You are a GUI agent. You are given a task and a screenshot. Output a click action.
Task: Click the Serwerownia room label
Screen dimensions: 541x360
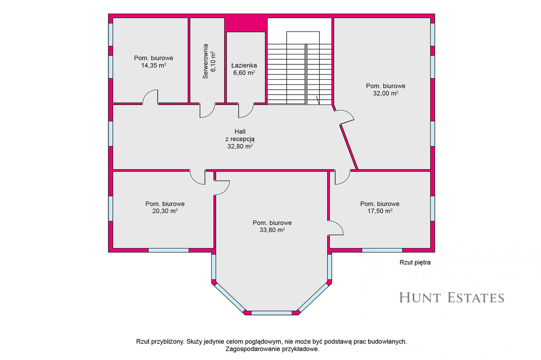[206, 61]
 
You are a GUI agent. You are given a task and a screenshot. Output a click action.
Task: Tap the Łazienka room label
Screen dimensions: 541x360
[244, 65]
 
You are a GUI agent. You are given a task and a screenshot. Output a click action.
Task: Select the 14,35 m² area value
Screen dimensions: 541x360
[154, 65]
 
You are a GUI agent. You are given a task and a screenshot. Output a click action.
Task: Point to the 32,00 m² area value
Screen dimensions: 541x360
[386, 93]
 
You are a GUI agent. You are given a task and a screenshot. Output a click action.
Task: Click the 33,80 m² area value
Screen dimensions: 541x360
[272, 230]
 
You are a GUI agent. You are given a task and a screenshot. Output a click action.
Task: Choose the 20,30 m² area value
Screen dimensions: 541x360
[165, 211]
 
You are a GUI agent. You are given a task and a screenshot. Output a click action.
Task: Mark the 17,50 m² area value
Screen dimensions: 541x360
[380, 211]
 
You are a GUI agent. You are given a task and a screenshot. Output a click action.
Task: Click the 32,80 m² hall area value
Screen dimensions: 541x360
[240, 146]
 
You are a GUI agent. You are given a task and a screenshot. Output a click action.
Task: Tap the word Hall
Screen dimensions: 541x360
[240, 131]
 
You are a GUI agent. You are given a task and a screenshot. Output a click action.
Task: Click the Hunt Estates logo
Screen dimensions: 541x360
[452, 297]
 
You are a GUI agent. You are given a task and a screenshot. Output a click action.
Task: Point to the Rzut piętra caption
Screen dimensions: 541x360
[415, 262]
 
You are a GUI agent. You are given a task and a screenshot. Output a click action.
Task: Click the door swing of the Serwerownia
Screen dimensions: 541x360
[207, 110]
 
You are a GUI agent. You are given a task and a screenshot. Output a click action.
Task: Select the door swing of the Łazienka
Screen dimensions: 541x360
[246, 110]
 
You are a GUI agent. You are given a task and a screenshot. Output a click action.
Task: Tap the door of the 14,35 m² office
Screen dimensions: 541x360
[151, 97]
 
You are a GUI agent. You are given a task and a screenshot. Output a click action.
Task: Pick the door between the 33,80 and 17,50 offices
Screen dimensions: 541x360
[335, 228]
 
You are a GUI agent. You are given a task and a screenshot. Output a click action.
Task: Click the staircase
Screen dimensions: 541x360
[300, 68]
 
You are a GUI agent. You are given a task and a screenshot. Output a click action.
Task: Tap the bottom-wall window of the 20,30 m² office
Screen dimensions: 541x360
[169, 250]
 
